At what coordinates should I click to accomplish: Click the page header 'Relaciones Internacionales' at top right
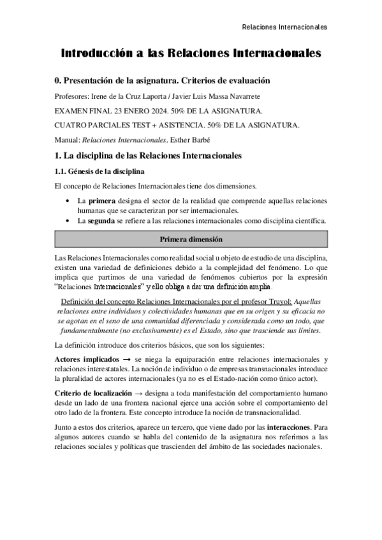tap(285, 27)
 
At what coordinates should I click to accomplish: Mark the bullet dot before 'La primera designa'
tap(69, 201)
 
